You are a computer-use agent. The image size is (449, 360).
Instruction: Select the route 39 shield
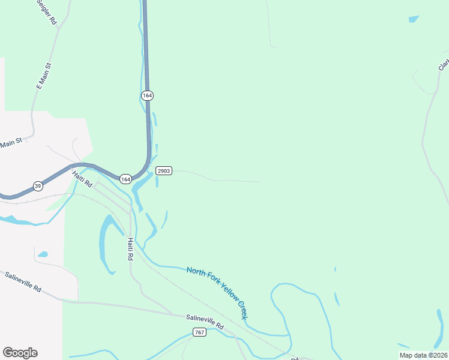pyautogui.click(x=37, y=186)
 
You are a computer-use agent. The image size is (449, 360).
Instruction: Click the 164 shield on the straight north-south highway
pyautogui.click(x=147, y=95)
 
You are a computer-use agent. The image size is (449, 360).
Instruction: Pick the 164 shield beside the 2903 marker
pyautogui.click(x=125, y=179)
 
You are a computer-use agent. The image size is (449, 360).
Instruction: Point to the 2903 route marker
pyautogui.click(x=164, y=171)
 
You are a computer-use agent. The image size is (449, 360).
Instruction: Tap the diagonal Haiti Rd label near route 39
pyautogui.click(x=82, y=179)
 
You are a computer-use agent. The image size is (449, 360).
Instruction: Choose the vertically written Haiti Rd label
pyautogui.click(x=130, y=248)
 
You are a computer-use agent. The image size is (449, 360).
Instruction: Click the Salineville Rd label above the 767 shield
pyautogui.click(x=204, y=321)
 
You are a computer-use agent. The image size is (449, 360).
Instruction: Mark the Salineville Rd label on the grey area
pyautogui.click(x=23, y=282)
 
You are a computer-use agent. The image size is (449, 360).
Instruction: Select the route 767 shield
pyautogui.click(x=200, y=332)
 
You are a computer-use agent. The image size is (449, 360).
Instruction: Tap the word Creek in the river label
pyautogui.click(x=244, y=310)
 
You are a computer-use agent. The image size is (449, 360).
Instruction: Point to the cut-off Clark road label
pyautogui.click(x=444, y=63)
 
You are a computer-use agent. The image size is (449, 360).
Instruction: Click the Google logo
pyautogui.click(x=20, y=353)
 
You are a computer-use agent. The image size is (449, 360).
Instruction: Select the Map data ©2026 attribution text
pyautogui.click(x=423, y=355)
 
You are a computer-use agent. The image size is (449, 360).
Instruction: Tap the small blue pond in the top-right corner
pyautogui.click(x=413, y=19)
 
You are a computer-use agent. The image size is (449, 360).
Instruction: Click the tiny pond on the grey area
pyautogui.click(x=43, y=254)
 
